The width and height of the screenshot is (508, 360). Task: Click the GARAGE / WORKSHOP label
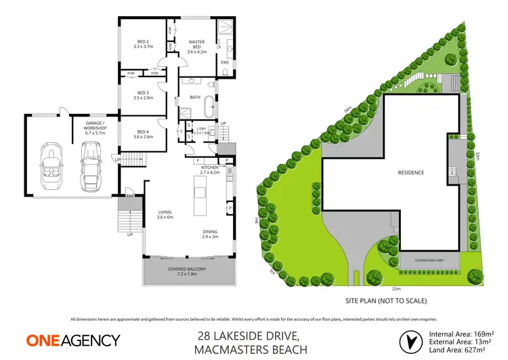tap(91, 125)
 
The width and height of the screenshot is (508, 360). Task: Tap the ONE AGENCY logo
tap(73, 340)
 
